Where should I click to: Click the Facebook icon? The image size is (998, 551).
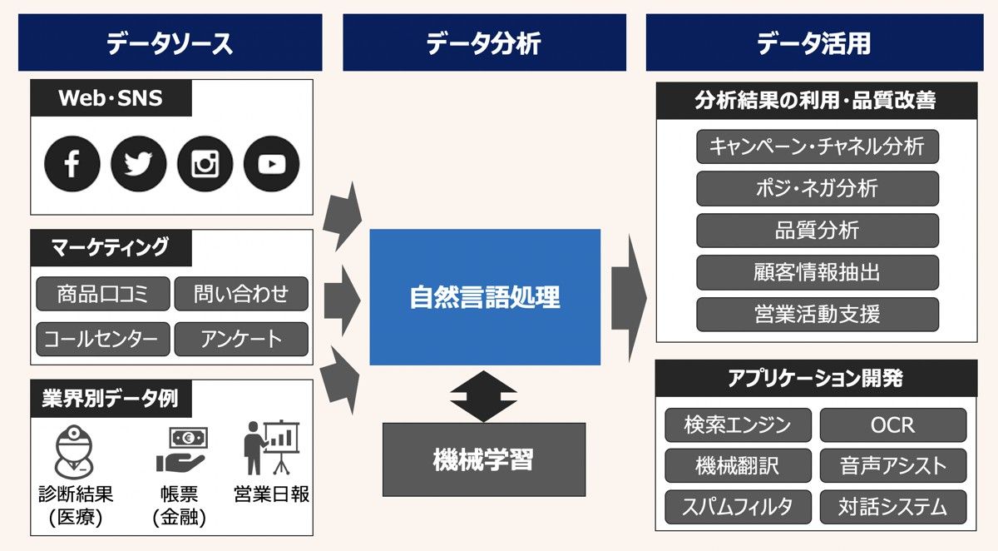tap(72, 164)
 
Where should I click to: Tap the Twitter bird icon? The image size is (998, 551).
tap(139, 164)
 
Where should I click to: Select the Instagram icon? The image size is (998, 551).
tap(205, 164)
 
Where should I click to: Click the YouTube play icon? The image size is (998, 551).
tap(271, 164)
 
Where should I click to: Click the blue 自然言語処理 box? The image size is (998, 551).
tap(485, 297)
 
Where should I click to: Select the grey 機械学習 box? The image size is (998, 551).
tap(483, 459)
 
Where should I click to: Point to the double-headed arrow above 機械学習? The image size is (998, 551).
tap(483, 395)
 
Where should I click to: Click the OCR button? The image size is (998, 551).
tap(892, 424)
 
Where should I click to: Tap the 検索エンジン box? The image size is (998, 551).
tap(738, 424)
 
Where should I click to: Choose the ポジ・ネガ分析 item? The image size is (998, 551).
tap(817, 188)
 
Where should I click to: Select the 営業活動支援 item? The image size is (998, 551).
tap(817, 315)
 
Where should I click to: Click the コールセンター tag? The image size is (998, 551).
tap(102, 339)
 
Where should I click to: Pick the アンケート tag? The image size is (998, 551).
tap(241, 339)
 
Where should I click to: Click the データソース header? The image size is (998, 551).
tap(170, 42)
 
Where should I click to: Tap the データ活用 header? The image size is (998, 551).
tap(813, 42)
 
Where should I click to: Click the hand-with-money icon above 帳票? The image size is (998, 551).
tap(181, 450)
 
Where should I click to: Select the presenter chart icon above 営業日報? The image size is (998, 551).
tap(271, 448)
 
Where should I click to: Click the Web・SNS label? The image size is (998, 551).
tap(111, 98)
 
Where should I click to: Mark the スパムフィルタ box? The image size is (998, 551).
tap(738, 505)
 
